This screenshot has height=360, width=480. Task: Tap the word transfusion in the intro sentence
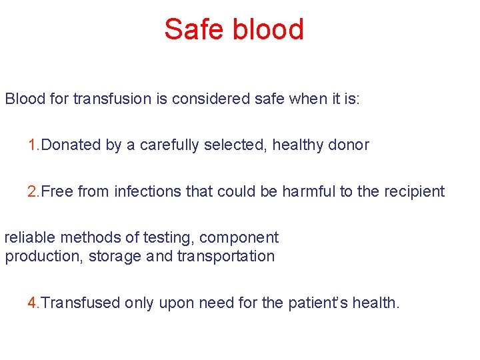point(113,99)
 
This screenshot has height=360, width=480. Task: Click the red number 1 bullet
point(32,145)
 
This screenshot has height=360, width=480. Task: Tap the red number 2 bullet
point(32,192)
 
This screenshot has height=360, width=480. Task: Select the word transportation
point(226,257)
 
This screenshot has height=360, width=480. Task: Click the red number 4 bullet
point(32,303)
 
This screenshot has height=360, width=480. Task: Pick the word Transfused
point(79,303)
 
